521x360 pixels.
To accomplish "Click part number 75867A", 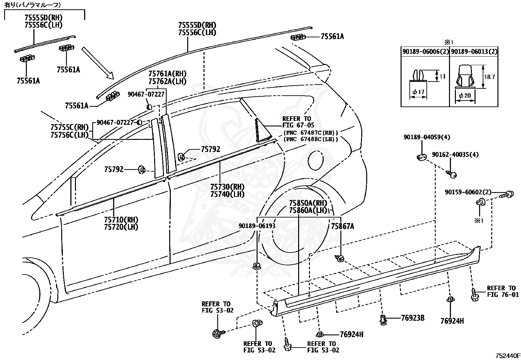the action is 343,226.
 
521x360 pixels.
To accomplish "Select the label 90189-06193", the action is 257,226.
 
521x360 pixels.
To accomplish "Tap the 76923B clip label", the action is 413,318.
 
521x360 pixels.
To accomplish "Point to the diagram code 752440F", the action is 508,355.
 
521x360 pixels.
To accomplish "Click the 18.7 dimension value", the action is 489,77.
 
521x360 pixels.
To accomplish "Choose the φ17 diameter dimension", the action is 418,92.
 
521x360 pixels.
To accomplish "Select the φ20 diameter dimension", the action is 465,95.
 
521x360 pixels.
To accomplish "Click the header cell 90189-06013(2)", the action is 474,51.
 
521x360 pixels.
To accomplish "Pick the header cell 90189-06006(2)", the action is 425,51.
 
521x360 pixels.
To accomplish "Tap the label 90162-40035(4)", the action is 455,155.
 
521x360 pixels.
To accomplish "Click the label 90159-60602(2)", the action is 468,192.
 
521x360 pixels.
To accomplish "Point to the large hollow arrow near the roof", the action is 98,63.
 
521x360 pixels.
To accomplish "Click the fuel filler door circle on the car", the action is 315,161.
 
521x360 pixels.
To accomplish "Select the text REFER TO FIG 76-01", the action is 503,291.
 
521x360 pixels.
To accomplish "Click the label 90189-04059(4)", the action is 427,137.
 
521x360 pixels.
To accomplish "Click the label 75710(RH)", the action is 121,219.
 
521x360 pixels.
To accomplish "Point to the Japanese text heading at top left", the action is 33,5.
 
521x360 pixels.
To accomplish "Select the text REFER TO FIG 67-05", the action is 298,122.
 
